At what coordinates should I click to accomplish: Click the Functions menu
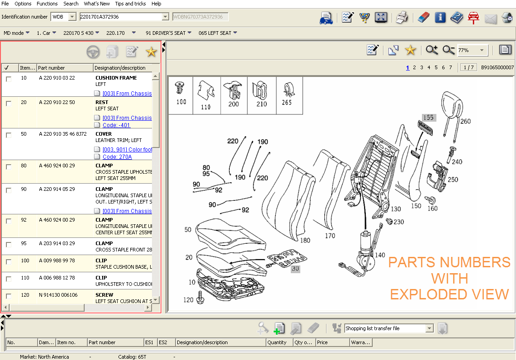point(47,4)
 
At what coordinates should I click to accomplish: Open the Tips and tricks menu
point(130,4)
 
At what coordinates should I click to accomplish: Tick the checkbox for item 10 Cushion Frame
point(9,79)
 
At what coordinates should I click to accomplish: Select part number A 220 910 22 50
point(57,102)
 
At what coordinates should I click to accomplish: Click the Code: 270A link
point(117,157)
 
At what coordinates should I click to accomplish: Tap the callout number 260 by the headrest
point(465,121)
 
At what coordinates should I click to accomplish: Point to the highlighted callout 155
point(428,118)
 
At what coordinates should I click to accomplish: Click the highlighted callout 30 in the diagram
point(295,268)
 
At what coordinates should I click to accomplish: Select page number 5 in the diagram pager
point(436,67)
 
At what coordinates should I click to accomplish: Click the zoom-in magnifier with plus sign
point(432,50)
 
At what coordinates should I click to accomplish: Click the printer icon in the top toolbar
point(402,18)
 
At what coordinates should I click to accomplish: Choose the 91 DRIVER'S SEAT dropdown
point(168,33)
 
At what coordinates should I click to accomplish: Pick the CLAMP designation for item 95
point(104,243)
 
